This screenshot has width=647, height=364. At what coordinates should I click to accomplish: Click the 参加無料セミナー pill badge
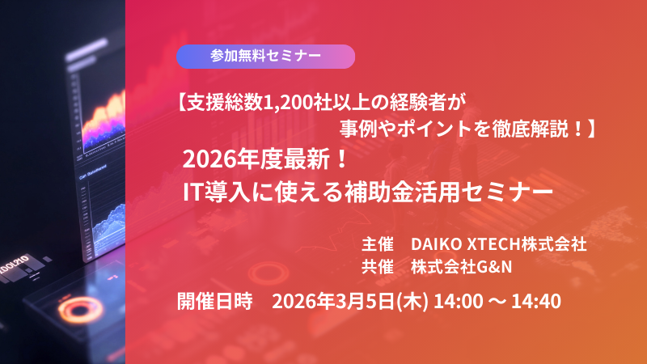(265, 56)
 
